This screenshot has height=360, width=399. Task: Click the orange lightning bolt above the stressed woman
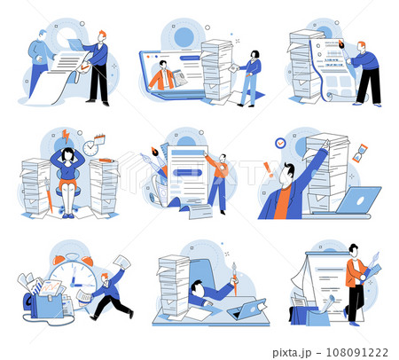point(66,136)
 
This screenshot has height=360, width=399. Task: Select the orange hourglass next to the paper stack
point(358,153)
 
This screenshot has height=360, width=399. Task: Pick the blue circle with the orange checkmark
point(280,142)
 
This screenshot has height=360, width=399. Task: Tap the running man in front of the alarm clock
point(110,292)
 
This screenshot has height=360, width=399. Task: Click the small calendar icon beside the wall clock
point(99,138)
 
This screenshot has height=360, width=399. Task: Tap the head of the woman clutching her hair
point(66,155)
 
